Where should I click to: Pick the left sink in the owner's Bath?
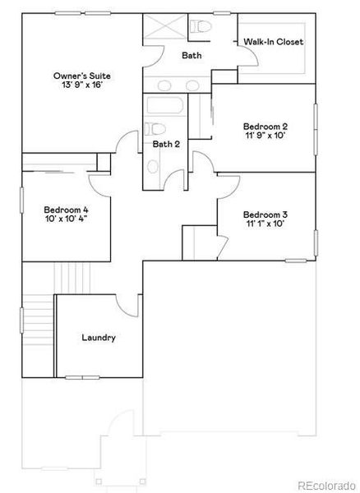tap(164, 85)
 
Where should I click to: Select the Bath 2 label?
tap(166, 145)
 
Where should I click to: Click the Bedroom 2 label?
tap(265, 126)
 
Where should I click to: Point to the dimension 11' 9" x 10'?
tap(265, 136)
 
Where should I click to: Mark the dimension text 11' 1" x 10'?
tap(265, 222)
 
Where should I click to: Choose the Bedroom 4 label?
tap(67, 209)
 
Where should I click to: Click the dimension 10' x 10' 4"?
tap(67, 219)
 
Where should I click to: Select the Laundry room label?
tap(99, 337)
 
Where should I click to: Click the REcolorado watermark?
tap(326, 484)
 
